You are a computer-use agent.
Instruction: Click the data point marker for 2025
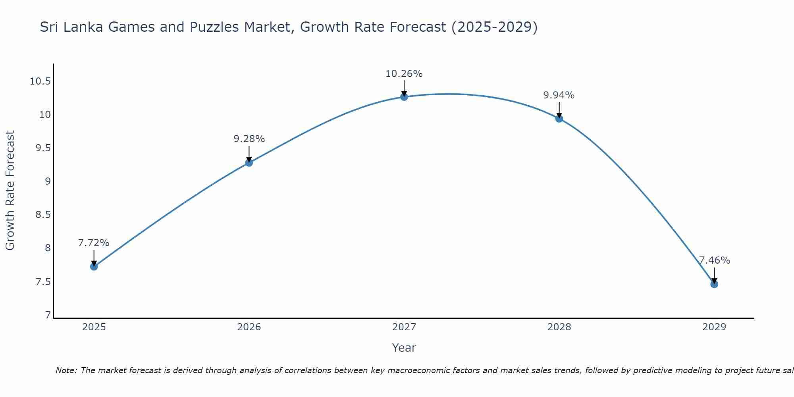click(94, 266)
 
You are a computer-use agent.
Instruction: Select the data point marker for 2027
click(404, 97)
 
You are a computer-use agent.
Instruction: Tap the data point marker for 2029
click(714, 284)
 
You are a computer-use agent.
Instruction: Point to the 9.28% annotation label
click(249, 139)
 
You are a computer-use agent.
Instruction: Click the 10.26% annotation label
click(404, 74)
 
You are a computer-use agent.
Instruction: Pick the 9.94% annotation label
click(559, 95)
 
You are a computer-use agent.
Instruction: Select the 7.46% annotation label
click(714, 260)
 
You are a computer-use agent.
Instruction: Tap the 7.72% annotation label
click(94, 243)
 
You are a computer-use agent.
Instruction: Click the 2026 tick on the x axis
click(249, 327)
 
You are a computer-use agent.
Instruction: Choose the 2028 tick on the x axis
click(559, 327)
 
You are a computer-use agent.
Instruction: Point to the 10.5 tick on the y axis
click(40, 82)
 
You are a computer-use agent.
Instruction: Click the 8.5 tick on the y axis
click(43, 215)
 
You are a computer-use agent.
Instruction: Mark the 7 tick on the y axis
click(48, 315)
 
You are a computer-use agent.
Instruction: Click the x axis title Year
click(404, 348)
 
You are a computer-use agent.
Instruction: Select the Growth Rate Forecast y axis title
click(10, 190)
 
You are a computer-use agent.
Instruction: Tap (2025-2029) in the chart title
click(495, 27)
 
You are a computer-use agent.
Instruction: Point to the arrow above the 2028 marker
click(559, 110)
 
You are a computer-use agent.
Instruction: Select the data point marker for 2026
click(249, 162)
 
